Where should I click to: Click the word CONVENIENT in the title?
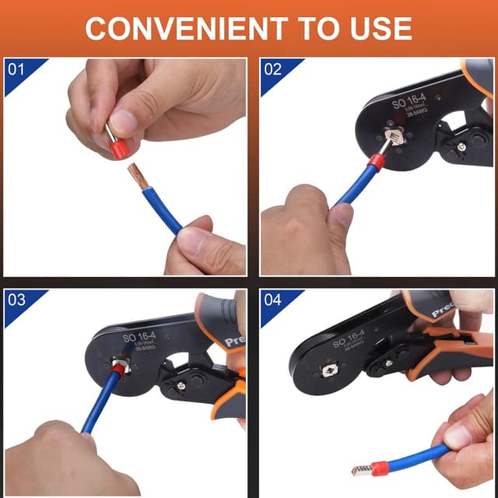pos(181,28)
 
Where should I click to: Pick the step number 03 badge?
pos(16,300)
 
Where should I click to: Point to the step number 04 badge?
pos(273,300)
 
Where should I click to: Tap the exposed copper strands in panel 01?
pos(137,176)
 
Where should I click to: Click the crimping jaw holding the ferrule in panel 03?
pos(121,364)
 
